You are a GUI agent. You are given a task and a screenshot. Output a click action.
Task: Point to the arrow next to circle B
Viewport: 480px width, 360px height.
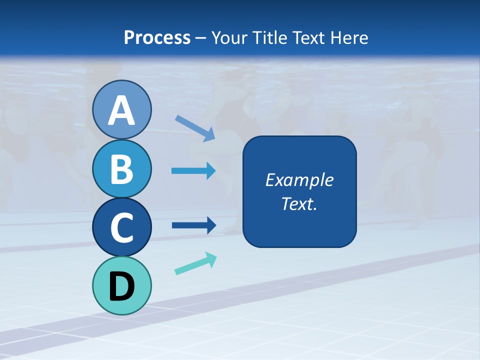tap(193, 171)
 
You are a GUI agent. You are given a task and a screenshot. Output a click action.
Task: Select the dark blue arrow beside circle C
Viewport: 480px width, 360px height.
tap(194, 225)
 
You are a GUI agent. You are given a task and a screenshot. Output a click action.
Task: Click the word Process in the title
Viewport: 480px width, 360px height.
tap(157, 37)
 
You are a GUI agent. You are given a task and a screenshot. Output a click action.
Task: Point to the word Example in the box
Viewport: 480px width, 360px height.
tap(299, 180)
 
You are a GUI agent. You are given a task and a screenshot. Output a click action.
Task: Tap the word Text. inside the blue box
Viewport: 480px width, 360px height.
tap(299, 204)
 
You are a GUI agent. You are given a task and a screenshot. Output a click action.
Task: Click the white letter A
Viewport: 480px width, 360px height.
tap(121, 111)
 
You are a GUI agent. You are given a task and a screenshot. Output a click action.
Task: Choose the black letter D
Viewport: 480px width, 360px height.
tap(121, 286)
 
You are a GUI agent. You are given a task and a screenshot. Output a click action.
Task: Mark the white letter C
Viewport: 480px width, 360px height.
tap(121, 228)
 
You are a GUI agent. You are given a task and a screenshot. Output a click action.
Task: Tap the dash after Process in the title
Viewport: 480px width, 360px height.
tap(200, 38)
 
